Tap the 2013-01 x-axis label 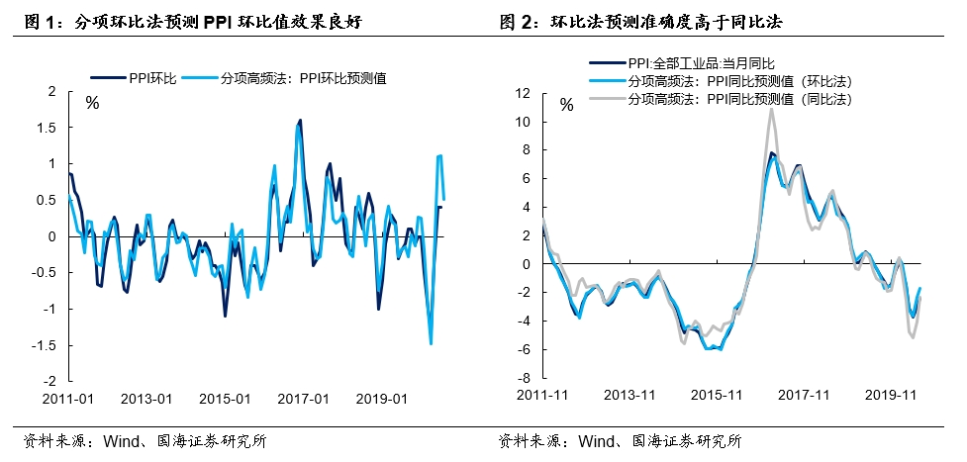point(146,399)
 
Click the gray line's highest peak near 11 point(771,109)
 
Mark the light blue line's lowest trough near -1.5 point(431,343)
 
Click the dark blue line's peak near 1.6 point(300,121)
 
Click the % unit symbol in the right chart point(566,105)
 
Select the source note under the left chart point(143,441)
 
